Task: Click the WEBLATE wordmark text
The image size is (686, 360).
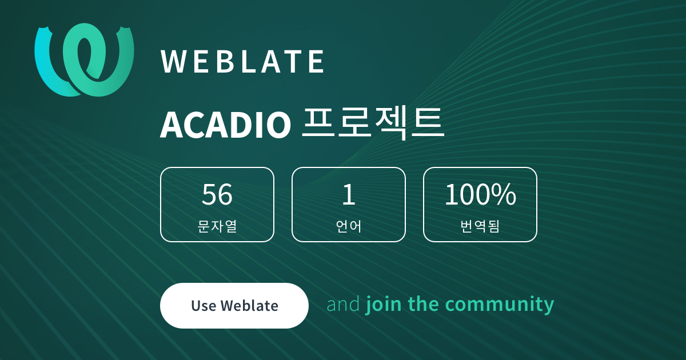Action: pyautogui.click(x=242, y=62)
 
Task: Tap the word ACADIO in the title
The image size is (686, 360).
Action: pyautogui.click(x=225, y=125)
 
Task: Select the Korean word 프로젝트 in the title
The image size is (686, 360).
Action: pyautogui.click(x=373, y=123)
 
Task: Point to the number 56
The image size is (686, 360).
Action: pyautogui.click(x=217, y=194)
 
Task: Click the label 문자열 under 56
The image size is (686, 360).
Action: pyautogui.click(x=217, y=226)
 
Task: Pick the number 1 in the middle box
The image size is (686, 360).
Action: pyautogui.click(x=349, y=194)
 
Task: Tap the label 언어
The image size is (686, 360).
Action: pyautogui.click(x=349, y=226)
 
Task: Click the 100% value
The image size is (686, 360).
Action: pyautogui.click(x=480, y=194)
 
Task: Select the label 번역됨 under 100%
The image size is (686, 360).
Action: pyautogui.click(x=480, y=226)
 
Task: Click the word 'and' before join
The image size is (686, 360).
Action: pyautogui.click(x=343, y=304)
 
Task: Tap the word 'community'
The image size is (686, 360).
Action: pyautogui.click(x=500, y=305)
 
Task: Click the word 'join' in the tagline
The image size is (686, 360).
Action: pyautogui.click(x=384, y=305)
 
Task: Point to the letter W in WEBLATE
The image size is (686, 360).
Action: pyautogui.click(x=173, y=62)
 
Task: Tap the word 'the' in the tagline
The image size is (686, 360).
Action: pyautogui.click(x=423, y=304)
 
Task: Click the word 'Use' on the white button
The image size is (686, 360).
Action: pyautogui.click(x=204, y=306)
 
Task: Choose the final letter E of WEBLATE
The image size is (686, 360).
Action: pyautogui.click(x=317, y=62)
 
